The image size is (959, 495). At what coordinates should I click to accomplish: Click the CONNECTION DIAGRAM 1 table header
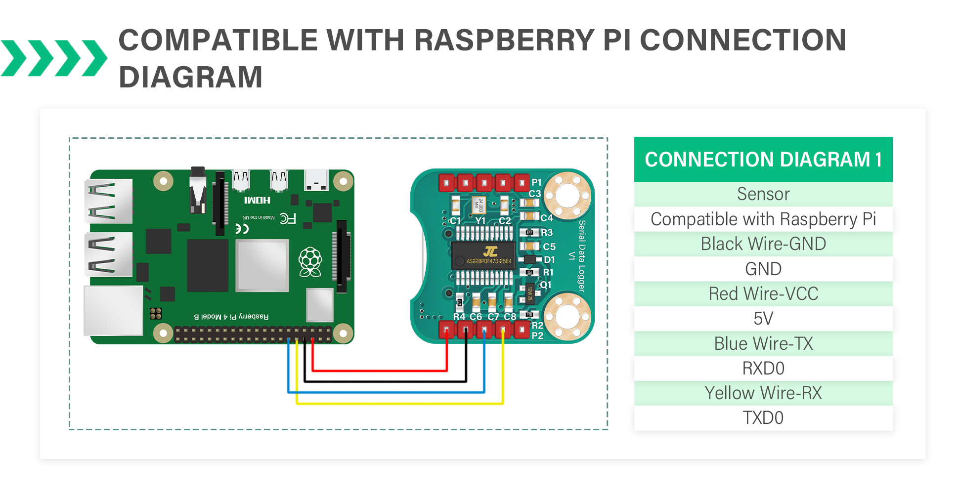pos(763,160)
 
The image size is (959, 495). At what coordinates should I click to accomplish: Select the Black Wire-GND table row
pos(763,244)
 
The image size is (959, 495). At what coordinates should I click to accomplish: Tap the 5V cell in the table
pos(763,319)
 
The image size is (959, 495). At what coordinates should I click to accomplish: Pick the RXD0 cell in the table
pos(763,369)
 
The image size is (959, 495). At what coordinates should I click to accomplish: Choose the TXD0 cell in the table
pos(763,418)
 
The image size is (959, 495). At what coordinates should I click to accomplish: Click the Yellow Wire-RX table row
pos(763,393)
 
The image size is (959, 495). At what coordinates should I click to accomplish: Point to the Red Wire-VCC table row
pos(763,294)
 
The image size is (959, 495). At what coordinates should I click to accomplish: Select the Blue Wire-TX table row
pos(763,343)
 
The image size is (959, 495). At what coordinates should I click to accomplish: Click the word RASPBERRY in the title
pos(504,41)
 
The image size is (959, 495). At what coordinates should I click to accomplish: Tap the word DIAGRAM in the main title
pos(190,78)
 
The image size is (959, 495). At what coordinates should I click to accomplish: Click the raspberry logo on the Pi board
pos(310,262)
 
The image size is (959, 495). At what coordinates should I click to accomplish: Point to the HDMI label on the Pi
pos(257,200)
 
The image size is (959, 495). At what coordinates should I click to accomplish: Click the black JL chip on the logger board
pos(483,255)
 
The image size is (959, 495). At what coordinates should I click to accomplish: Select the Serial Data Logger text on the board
pos(582,256)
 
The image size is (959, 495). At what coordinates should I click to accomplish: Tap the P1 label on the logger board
pos(537,182)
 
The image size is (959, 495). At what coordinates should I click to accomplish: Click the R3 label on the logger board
pos(547,233)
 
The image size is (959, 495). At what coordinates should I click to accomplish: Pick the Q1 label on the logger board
pos(545,285)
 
